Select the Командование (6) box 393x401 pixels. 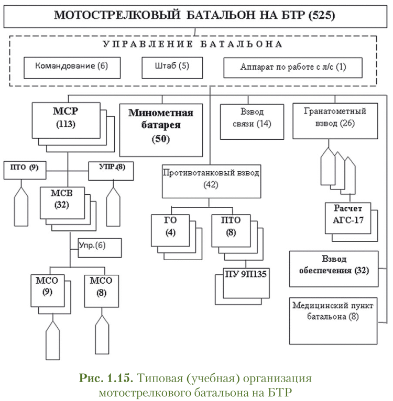click(x=71, y=67)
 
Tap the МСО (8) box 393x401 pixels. click(x=101, y=288)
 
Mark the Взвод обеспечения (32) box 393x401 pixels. click(x=333, y=266)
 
